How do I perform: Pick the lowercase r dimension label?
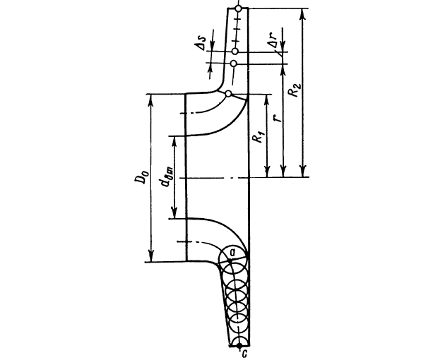(279, 117)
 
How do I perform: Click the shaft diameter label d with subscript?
(166, 178)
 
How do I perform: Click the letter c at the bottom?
(244, 354)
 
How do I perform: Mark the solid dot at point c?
(239, 346)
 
